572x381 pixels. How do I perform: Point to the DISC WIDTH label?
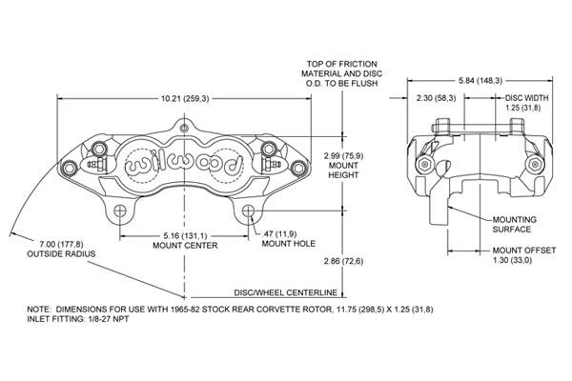526,98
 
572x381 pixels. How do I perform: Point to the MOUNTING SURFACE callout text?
515,225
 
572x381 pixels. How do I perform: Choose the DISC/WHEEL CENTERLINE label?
286,292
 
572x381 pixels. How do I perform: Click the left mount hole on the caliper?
120,211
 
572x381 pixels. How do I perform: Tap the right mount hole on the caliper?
249,211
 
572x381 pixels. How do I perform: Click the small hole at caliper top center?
185,129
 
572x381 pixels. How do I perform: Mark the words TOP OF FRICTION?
342,64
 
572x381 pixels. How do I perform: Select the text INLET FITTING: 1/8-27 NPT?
78,319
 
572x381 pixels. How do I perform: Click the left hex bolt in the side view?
424,165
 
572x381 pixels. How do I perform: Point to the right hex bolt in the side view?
535,165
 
